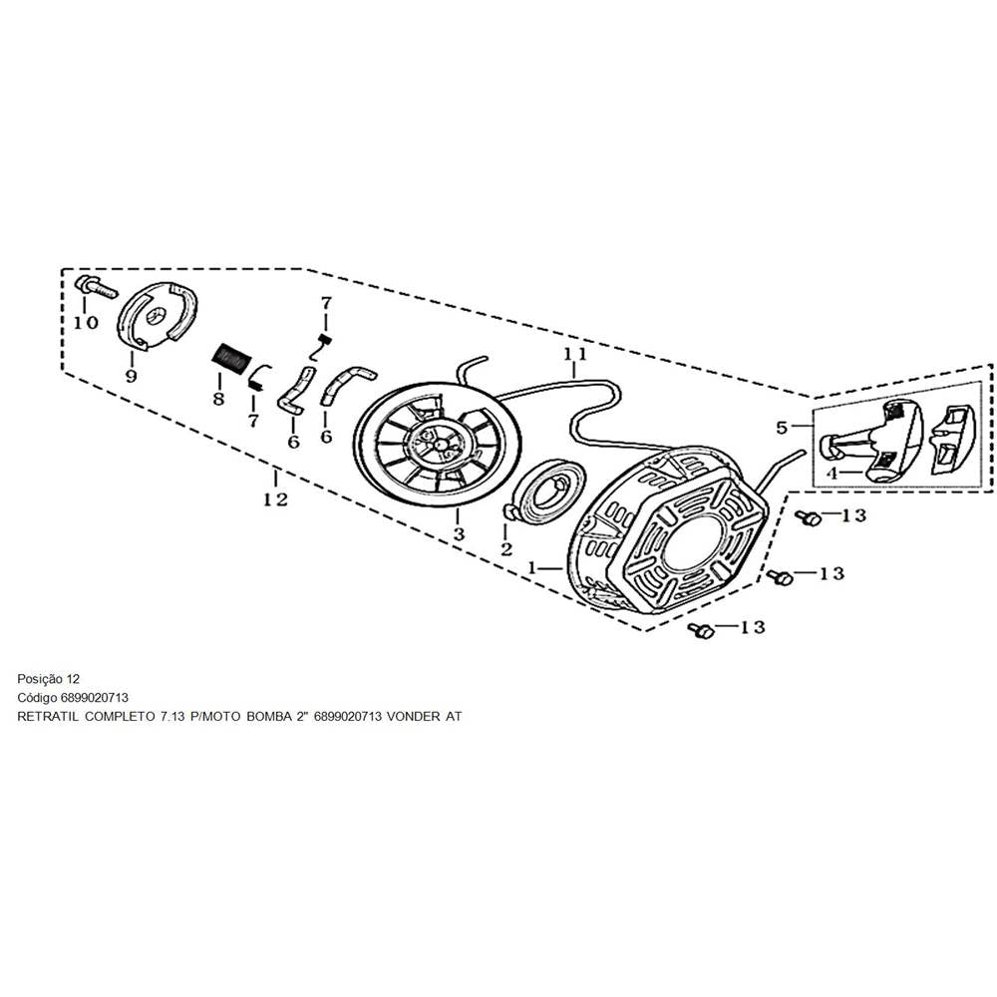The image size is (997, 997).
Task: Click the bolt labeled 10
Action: (96, 287)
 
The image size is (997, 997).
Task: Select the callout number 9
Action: (131, 376)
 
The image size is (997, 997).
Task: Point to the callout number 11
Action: (575, 355)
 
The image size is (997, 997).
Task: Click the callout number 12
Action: (275, 498)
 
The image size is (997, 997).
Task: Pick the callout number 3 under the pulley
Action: (459, 535)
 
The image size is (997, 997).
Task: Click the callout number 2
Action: (506, 548)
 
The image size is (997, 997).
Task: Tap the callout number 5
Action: (783, 428)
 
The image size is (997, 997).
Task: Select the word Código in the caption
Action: (39, 697)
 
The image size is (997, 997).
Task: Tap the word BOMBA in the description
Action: (267, 716)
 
